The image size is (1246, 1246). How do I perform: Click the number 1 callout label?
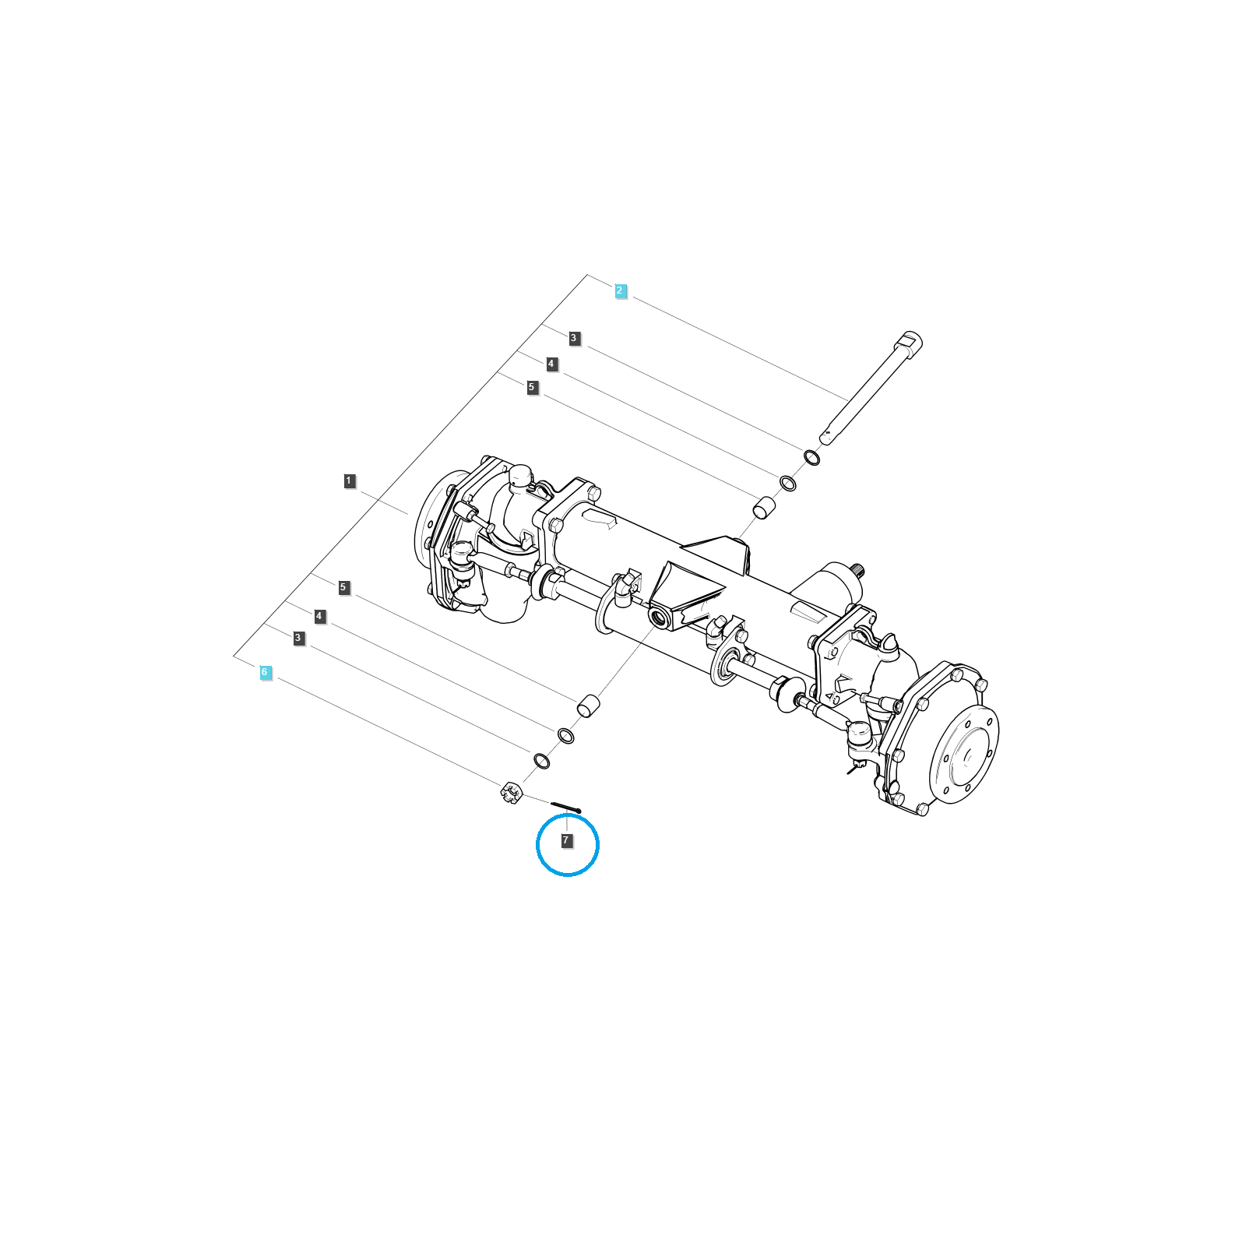[x=350, y=481]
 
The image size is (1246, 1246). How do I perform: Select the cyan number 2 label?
[x=621, y=291]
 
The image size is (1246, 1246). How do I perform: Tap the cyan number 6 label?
[x=265, y=673]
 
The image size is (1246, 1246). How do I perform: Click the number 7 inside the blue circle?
[x=567, y=841]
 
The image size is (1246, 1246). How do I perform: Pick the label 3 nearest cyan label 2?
[x=574, y=339]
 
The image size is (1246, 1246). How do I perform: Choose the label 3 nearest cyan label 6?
[x=298, y=639]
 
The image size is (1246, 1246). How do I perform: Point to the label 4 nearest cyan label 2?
[x=551, y=364]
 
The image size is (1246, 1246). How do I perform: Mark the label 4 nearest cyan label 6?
[x=319, y=617]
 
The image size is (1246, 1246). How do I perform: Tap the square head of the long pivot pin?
[x=909, y=343]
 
